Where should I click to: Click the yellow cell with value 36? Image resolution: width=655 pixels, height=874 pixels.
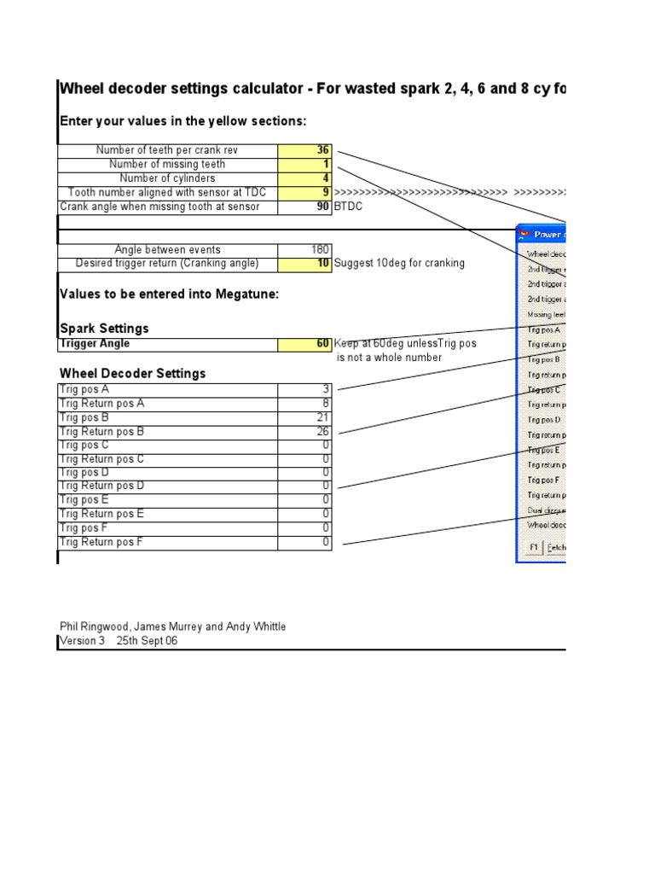click(x=305, y=150)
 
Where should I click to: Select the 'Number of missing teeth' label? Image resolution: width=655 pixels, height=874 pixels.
click(x=167, y=164)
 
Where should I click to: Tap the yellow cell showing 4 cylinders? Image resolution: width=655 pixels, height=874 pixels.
click(x=305, y=178)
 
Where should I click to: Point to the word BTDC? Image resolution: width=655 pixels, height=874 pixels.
click(x=348, y=207)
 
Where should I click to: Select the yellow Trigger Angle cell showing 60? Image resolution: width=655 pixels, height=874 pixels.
click(x=305, y=344)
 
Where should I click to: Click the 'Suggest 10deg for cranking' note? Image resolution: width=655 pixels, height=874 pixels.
click(x=399, y=263)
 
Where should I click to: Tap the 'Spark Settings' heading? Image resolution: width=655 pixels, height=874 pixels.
click(x=104, y=329)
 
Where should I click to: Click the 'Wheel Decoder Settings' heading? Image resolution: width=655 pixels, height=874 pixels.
click(x=132, y=374)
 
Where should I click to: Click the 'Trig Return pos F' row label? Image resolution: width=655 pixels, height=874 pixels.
click(x=101, y=543)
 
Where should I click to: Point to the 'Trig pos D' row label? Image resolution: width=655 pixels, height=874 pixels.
click(x=84, y=473)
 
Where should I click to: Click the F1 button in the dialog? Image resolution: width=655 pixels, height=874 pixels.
click(x=533, y=547)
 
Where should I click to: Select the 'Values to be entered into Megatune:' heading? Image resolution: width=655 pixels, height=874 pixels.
click(x=169, y=294)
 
